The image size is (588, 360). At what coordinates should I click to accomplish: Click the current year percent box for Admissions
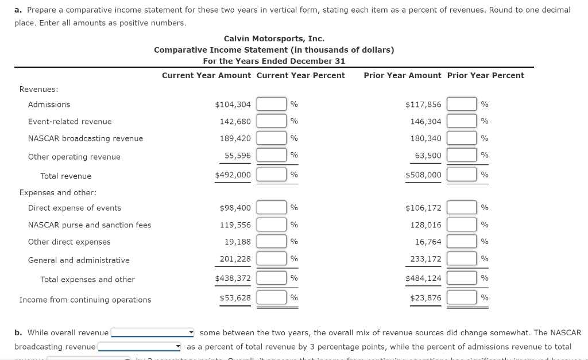(x=272, y=104)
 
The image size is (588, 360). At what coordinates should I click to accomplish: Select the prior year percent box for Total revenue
(x=462, y=175)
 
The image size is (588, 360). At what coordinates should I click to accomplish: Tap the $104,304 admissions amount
(x=233, y=104)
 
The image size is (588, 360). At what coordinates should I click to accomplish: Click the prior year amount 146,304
(x=425, y=122)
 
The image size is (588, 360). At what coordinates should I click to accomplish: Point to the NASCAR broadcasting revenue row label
(x=86, y=138)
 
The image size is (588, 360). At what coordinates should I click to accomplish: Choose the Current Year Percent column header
(x=300, y=75)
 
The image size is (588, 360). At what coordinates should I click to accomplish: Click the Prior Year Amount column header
(x=403, y=75)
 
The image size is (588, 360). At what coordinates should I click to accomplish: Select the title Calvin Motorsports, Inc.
(x=274, y=38)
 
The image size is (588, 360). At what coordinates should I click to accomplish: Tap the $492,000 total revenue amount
(x=233, y=175)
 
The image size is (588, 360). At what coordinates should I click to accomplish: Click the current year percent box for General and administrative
(x=272, y=259)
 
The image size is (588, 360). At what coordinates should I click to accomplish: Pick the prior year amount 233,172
(x=425, y=259)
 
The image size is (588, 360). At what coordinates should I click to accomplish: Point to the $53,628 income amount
(x=235, y=297)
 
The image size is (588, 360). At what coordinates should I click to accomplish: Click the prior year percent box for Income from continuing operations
(x=462, y=297)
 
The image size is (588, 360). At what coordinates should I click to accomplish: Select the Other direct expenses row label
(x=69, y=242)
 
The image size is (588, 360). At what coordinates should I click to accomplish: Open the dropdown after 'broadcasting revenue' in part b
(x=140, y=347)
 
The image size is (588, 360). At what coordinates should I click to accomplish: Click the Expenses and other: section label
(x=58, y=192)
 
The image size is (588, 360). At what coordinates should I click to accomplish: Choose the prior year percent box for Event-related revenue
(x=462, y=121)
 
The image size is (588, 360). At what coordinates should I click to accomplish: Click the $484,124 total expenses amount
(x=423, y=278)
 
